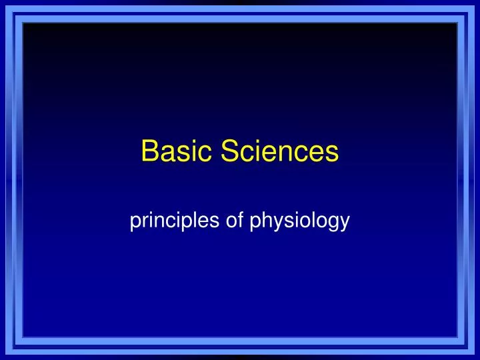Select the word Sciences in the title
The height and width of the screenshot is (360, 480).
pyautogui.click(x=280, y=152)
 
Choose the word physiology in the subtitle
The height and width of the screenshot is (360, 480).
pyautogui.click(x=299, y=222)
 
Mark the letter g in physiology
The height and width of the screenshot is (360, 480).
pyautogui.click(x=331, y=223)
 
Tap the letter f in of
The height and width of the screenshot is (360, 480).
pyautogui.click(x=239, y=220)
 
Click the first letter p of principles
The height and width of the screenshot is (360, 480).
pyautogui.click(x=135, y=223)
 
